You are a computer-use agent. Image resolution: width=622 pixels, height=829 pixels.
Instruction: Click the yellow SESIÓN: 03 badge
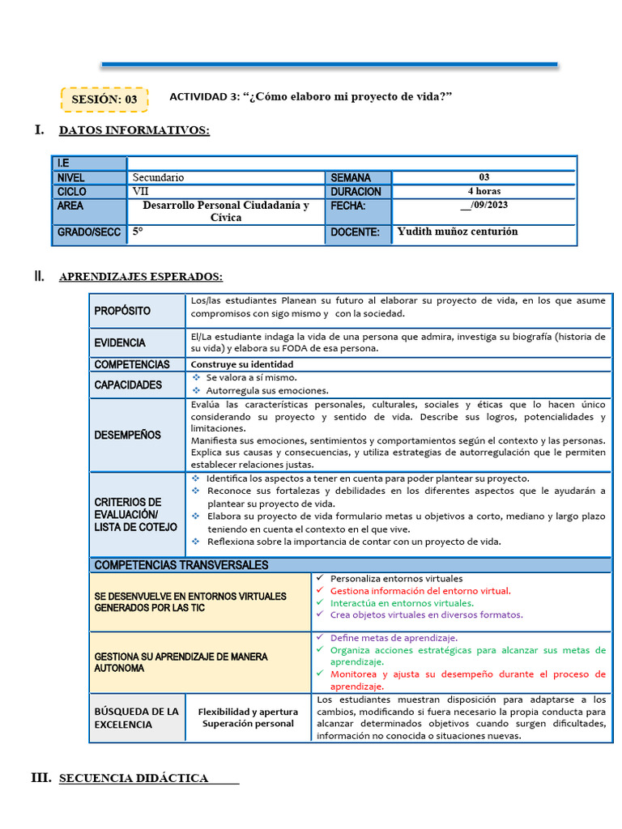pyautogui.click(x=104, y=99)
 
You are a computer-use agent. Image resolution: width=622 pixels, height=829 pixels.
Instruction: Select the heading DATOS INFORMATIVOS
pyautogui.click(x=134, y=130)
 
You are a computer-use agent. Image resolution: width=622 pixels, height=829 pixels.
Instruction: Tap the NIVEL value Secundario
pyautogui.click(x=158, y=177)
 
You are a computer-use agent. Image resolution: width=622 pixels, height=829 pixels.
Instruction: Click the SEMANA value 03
pyautogui.click(x=484, y=177)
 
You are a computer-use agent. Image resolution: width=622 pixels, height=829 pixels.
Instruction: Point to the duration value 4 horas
pyautogui.click(x=484, y=191)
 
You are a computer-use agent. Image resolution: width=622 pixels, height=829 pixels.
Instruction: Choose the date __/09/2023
pyautogui.click(x=484, y=205)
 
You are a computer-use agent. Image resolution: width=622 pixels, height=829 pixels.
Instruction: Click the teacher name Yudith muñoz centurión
pyautogui.click(x=457, y=232)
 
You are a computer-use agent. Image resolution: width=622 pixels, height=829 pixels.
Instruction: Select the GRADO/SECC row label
pyautogui.click(x=88, y=232)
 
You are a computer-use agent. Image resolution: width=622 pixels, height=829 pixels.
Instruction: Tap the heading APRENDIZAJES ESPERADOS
pyautogui.click(x=140, y=277)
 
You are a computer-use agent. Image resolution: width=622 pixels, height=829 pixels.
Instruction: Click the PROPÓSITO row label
pyautogui.click(x=122, y=311)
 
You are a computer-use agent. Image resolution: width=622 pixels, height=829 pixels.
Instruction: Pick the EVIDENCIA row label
pyautogui.click(x=120, y=342)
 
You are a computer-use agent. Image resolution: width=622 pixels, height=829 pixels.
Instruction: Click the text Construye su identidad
pyautogui.click(x=241, y=364)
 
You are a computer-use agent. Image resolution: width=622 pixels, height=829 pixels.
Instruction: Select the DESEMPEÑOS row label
pyautogui.click(x=127, y=435)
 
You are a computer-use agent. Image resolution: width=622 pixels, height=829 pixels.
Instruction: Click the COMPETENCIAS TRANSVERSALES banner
pyautogui.click(x=181, y=564)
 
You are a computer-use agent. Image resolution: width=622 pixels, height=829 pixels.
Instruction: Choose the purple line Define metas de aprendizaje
pyautogui.click(x=394, y=637)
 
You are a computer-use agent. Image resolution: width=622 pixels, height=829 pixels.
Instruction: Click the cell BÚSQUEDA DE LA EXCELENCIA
pyautogui.click(x=136, y=717)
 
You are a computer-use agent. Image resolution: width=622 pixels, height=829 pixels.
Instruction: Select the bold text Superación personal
pyautogui.click(x=248, y=723)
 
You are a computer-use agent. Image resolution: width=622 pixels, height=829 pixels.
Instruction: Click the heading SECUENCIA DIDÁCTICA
pyautogui.click(x=134, y=778)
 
